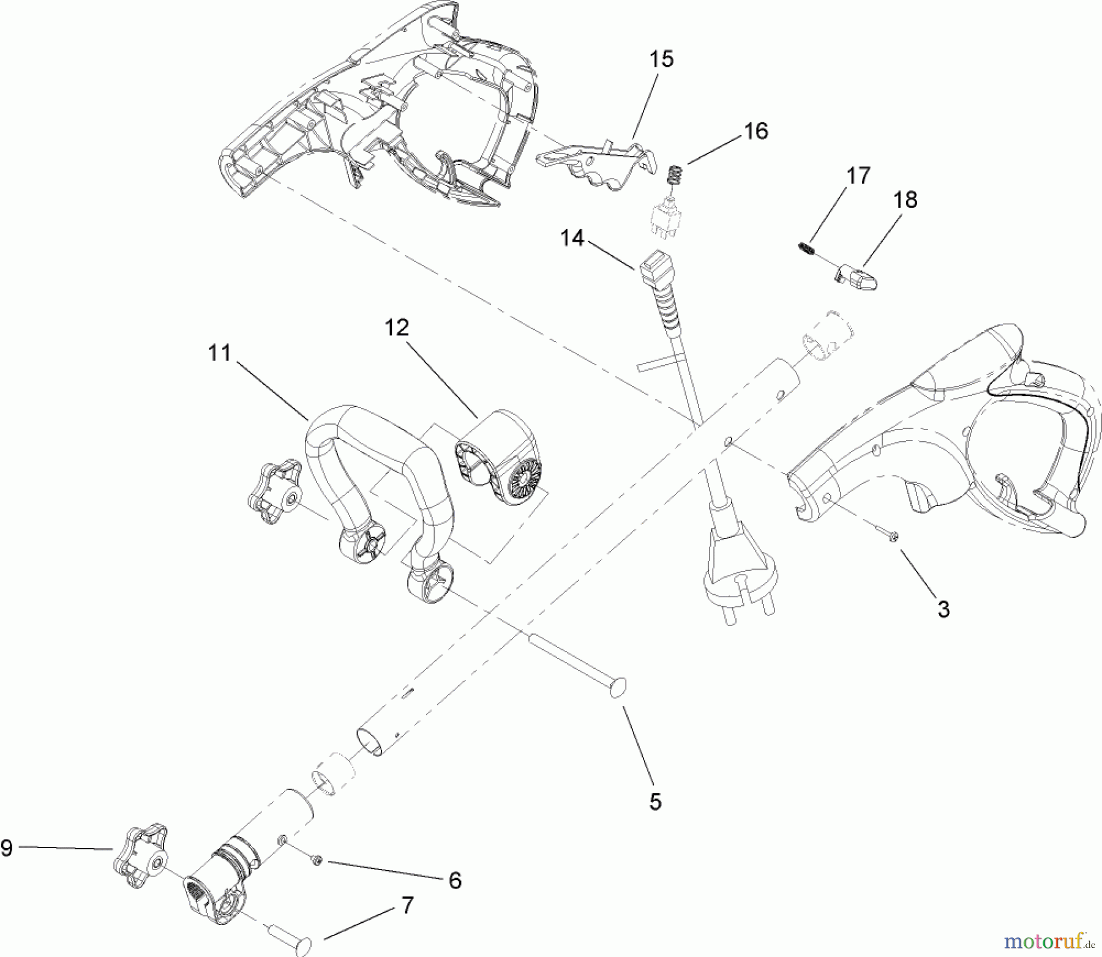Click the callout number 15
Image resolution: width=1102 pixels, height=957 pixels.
(x=662, y=59)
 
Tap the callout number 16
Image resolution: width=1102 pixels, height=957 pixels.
(x=757, y=131)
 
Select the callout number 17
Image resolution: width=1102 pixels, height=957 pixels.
(x=858, y=176)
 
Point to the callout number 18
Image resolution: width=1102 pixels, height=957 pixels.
(x=905, y=199)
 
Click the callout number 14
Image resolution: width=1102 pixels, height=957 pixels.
(x=572, y=238)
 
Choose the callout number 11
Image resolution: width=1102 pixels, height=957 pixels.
(x=220, y=353)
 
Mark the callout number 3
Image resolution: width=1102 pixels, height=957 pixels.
(x=943, y=609)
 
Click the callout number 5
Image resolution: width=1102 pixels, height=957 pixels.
(x=655, y=802)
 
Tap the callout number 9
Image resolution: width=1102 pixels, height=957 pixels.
(x=7, y=849)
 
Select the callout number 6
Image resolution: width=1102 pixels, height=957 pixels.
(x=454, y=881)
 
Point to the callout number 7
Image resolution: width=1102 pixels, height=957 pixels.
(x=407, y=906)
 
